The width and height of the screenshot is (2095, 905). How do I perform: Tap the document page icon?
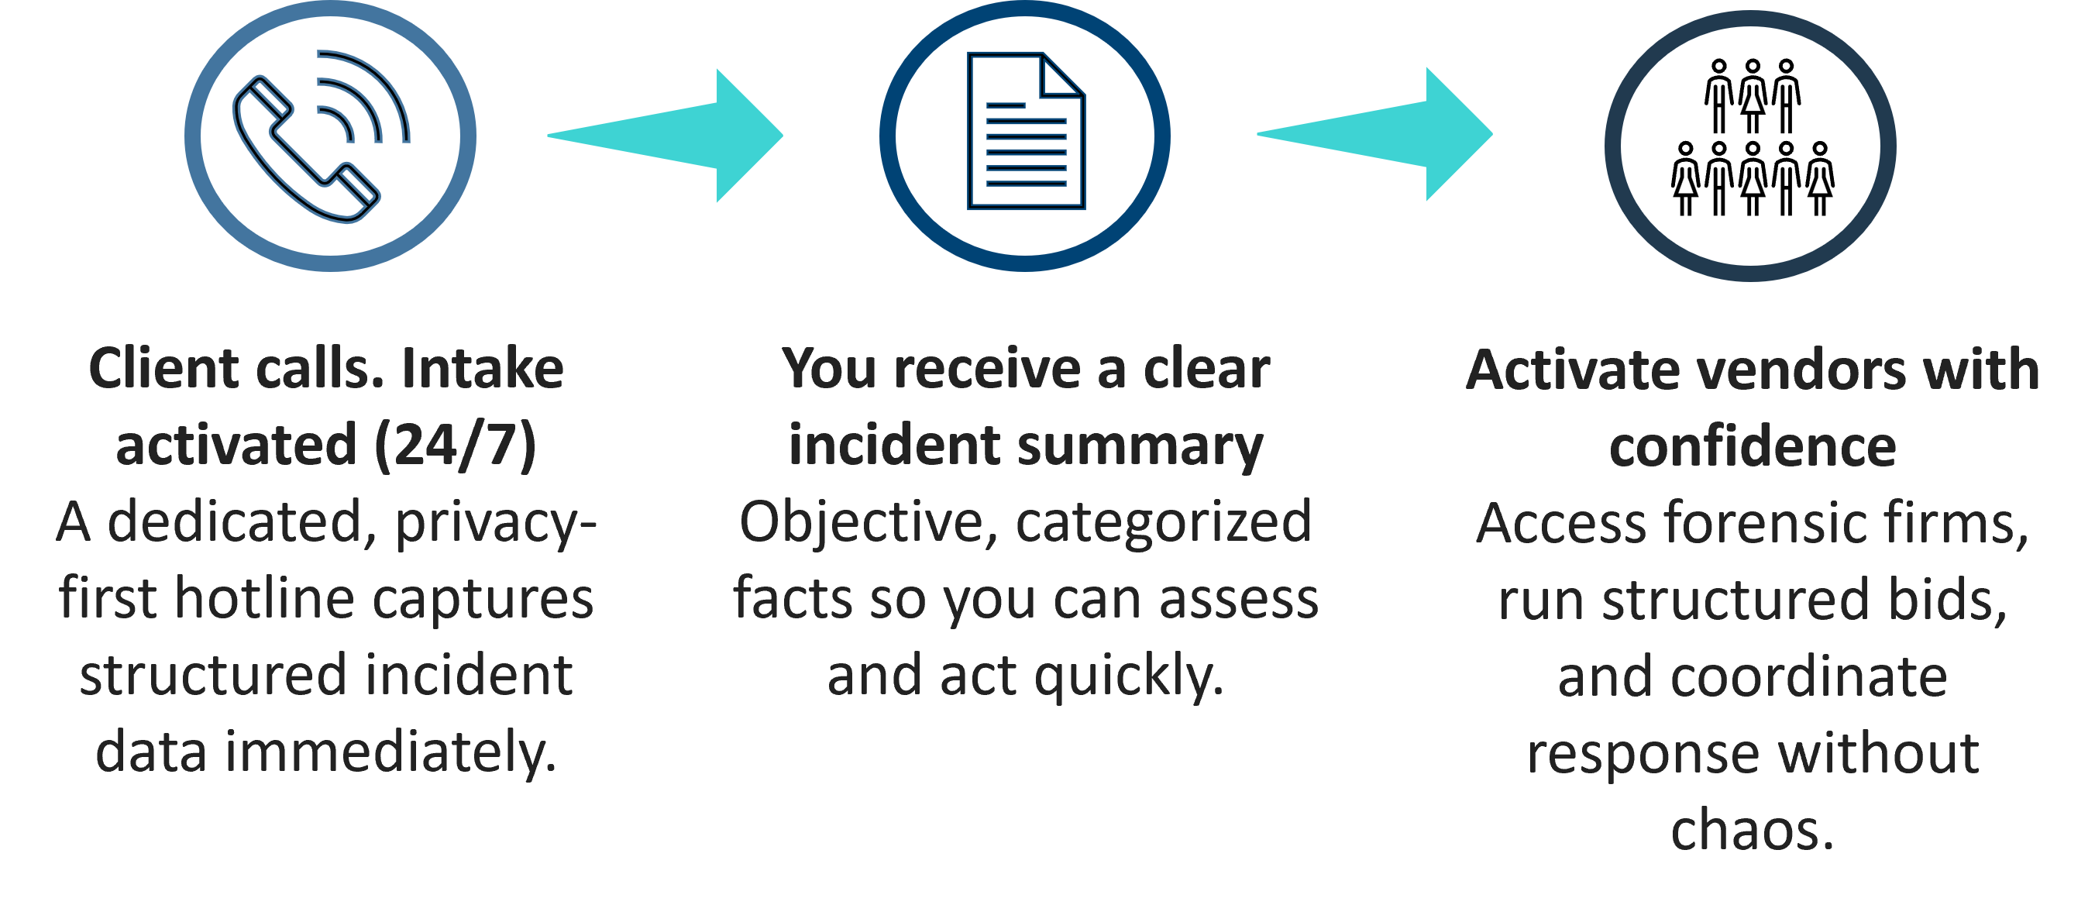(x=1026, y=131)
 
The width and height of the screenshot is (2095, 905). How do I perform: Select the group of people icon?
(x=1753, y=136)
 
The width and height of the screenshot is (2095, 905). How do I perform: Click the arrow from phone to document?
(x=666, y=136)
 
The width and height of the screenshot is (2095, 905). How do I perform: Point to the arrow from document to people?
(x=1375, y=134)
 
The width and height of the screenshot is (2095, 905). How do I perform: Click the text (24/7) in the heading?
(x=456, y=446)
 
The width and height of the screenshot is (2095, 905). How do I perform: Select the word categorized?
(x=1164, y=523)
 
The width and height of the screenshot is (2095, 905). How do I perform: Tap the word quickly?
(x=1130, y=676)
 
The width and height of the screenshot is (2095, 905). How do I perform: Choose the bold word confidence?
(x=1753, y=446)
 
